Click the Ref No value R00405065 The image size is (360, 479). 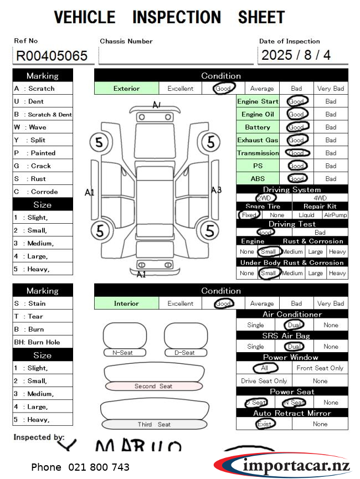tap(52, 55)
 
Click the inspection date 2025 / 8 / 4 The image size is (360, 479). tap(296, 55)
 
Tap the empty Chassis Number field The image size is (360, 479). tap(176, 55)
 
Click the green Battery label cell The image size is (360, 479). tap(258, 127)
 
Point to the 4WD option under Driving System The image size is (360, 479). tap(320, 198)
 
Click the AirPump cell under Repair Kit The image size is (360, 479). tap(335, 215)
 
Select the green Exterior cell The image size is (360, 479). tap(127, 88)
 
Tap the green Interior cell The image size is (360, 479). tap(127, 303)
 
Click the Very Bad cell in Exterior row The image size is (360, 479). tap(331, 88)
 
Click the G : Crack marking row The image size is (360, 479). tap(43, 166)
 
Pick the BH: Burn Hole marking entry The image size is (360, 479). tap(43, 342)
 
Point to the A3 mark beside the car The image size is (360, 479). tap(216, 190)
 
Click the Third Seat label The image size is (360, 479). tap(154, 425)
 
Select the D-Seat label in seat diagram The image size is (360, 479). tap(184, 353)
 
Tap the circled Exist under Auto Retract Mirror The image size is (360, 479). tap(265, 424)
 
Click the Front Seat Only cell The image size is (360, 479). tap(320, 368)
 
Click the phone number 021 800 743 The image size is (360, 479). tap(80, 467)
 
